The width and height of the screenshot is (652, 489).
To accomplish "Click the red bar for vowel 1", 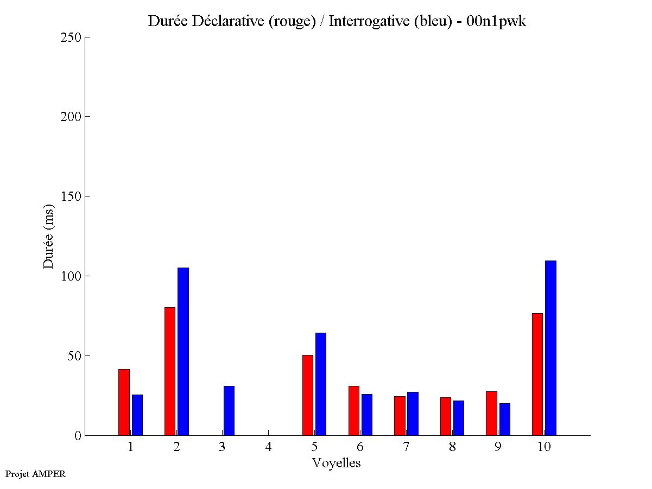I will tap(124, 402).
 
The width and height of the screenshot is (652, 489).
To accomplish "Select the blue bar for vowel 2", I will tap(183, 352).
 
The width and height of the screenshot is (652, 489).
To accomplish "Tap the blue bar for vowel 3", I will tap(229, 411).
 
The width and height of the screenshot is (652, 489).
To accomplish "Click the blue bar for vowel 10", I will tap(550, 348).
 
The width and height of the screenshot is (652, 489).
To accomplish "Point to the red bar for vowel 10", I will tap(537, 374).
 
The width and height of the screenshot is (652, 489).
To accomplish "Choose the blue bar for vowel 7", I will tap(413, 414).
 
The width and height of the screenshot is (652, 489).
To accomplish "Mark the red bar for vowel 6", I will tap(354, 411).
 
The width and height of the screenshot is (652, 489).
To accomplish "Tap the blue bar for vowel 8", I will tap(459, 418).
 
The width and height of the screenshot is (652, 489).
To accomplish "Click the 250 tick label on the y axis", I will tap(71, 37).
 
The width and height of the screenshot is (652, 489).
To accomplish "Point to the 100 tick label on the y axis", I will tap(71, 276).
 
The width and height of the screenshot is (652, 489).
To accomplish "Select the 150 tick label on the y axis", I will tap(71, 196).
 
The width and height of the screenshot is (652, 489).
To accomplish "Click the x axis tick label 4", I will tap(269, 447).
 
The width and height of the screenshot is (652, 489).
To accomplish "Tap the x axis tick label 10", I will tap(544, 447).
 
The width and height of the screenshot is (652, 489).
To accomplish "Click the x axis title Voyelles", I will tap(337, 463).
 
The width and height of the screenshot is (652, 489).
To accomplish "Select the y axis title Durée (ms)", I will tap(49, 236).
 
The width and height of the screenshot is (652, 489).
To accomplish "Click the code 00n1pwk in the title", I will tap(496, 21).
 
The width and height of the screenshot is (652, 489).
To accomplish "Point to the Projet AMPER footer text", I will tap(35, 474).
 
